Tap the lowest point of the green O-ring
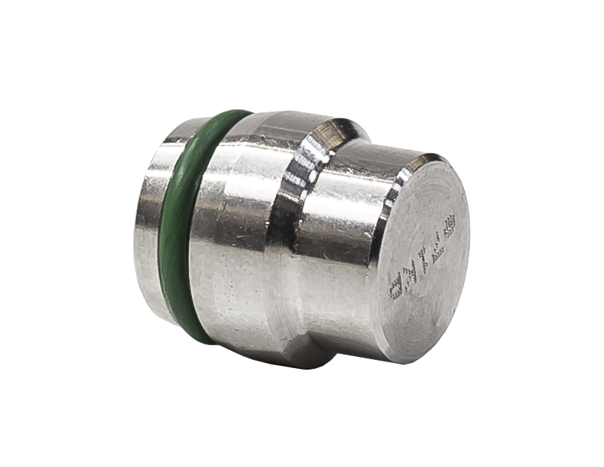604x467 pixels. pyautogui.click(x=205, y=344)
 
